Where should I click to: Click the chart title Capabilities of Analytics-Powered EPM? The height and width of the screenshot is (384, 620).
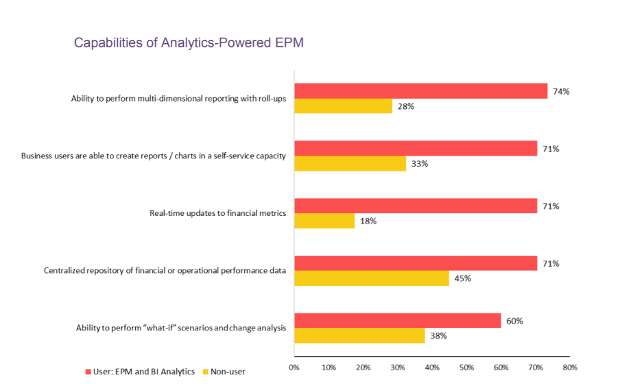189,43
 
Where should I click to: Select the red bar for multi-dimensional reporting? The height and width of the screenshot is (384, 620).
420,91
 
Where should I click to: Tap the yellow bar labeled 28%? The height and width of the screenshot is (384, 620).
343,106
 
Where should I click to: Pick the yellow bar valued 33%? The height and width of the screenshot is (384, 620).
350,163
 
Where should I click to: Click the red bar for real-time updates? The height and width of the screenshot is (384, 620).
416,206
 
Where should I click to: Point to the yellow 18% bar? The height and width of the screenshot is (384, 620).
324,221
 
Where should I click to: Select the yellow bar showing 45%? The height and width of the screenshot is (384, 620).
371,278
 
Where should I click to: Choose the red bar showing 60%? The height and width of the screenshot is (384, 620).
397,320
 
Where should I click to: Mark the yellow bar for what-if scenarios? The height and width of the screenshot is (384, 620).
359,335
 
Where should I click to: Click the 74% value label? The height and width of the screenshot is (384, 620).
561,91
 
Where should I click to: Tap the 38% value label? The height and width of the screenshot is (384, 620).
439,336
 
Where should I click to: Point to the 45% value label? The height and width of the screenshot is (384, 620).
464,278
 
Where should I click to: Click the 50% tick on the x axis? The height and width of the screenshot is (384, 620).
466,367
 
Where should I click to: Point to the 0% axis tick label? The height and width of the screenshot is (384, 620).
294,367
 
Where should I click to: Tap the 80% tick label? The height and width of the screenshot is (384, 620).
570,367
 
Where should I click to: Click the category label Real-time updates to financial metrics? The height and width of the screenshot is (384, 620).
217,213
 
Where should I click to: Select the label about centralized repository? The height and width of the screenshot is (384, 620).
165,270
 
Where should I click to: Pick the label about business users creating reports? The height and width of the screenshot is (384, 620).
153,156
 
